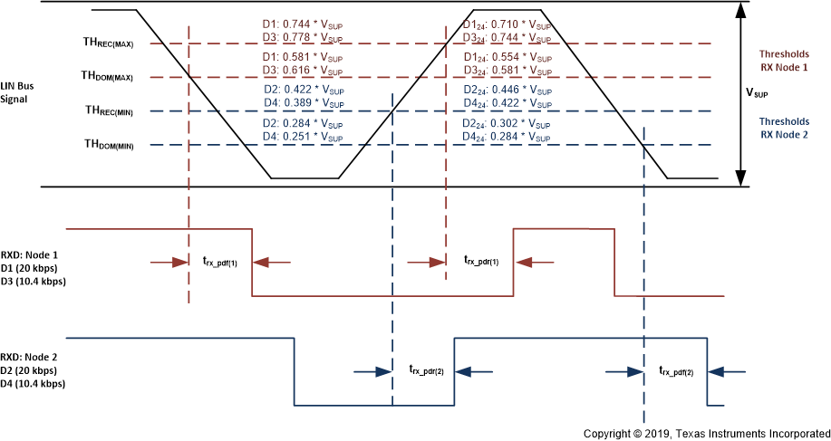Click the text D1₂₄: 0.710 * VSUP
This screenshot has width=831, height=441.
tap(506, 24)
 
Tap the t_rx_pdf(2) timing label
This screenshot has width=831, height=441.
tap(677, 370)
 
